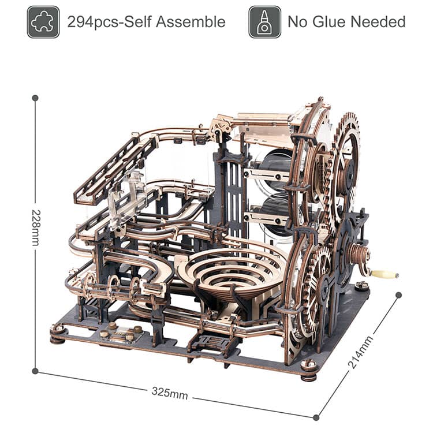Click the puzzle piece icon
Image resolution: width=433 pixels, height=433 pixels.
click(43, 22)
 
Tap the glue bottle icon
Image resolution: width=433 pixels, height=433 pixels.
click(264, 22)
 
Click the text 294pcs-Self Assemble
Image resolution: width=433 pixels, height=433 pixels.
click(147, 22)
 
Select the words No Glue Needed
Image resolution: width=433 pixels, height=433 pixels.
click(346, 22)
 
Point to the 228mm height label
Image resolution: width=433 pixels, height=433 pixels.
click(36, 228)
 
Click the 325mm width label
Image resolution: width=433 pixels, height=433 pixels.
click(170, 393)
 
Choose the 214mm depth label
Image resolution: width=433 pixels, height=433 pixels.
click(360, 352)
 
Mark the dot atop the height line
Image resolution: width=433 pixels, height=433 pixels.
click(35, 98)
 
